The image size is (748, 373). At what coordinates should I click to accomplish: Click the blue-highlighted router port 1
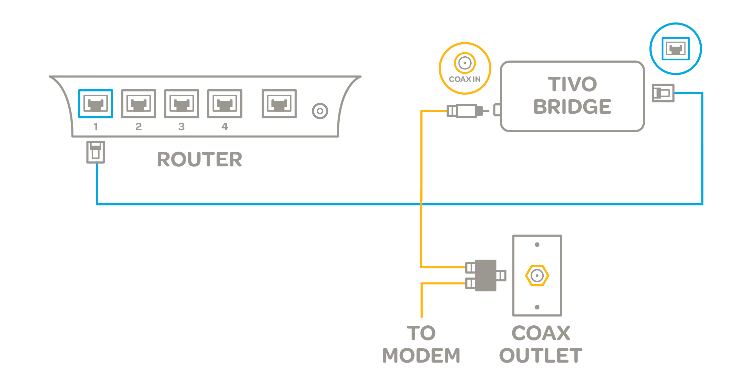pos(96,104)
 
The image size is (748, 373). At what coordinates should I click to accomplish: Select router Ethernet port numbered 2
pos(139,104)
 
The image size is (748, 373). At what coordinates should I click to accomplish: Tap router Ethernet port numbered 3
pos(181,104)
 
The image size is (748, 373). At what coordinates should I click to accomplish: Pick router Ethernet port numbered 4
pos(224,104)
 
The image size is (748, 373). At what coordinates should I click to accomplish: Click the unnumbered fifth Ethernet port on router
pos(279,104)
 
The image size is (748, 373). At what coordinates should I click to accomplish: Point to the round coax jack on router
pos(320,111)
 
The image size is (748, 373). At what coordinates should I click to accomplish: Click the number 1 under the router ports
pos(96,127)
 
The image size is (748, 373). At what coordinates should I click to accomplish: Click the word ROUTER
pos(200,159)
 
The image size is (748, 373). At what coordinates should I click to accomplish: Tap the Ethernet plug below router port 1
pos(96,152)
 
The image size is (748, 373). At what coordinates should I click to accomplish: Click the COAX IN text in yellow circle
pos(465,79)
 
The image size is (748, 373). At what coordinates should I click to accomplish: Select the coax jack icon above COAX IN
pos(465,63)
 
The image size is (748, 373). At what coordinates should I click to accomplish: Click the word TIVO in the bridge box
pos(572,84)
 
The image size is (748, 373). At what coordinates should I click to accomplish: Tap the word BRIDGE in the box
pos(572,107)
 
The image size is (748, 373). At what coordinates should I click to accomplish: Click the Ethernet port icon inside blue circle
pos(676,49)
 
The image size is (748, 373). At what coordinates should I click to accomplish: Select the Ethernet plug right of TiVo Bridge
pos(663,93)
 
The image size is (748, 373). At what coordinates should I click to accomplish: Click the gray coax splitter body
pos(486,275)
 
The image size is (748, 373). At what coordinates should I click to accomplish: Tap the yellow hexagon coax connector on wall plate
pos(537,276)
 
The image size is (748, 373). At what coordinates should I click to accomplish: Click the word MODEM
pos(421,355)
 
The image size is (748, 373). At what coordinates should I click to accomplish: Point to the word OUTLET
pos(541,355)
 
